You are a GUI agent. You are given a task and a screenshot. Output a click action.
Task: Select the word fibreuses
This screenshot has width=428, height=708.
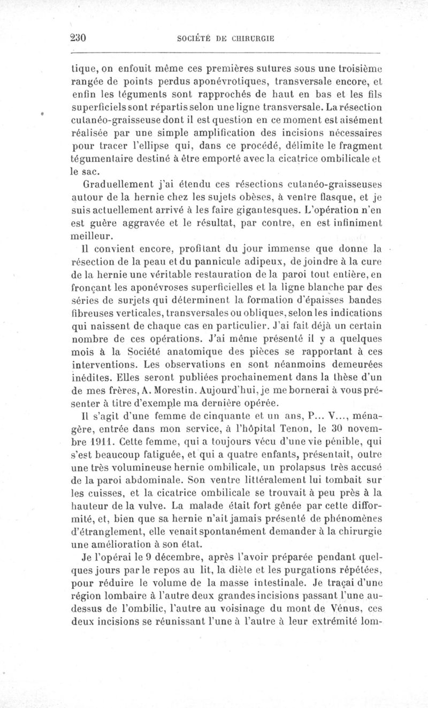tap(91, 312)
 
